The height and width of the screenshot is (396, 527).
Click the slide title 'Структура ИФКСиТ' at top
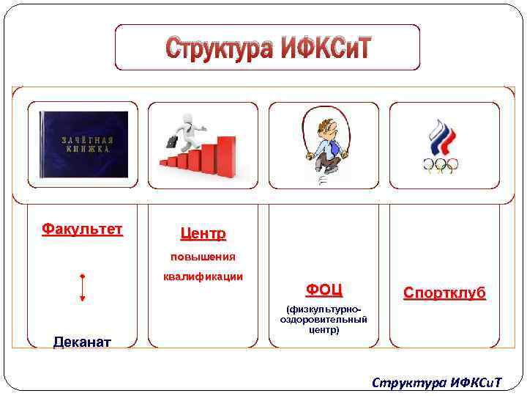tap(268, 48)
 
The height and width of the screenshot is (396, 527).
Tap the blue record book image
tap(83, 144)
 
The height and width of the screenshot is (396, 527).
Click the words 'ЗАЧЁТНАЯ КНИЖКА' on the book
tap(86, 144)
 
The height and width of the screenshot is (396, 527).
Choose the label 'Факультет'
tap(82, 230)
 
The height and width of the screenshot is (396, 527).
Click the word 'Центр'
tap(203, 234)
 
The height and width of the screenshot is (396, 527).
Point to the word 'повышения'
tap(203, 257)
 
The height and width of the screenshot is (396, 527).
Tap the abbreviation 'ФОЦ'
tap(324, 290)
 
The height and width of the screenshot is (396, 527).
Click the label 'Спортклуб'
tap(444, 293)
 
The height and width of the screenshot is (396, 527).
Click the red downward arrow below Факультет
tap(83, 287)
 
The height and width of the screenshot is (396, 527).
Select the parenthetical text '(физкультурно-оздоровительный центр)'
tap(324, 320)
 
